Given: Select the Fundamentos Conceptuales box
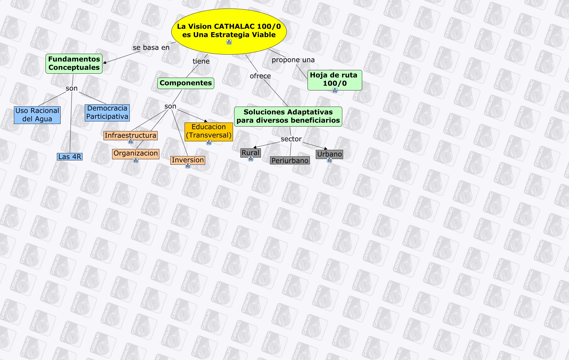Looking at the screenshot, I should pos(74,63).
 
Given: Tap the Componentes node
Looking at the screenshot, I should pos(185,83).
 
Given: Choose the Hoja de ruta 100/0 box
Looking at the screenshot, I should pos(334,79).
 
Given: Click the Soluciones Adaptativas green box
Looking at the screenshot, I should pos(288,116).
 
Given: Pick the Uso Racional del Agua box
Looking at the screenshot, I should pos(37,115).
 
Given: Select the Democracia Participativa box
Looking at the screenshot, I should pos(107,113).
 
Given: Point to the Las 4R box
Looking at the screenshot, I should pos(70,157).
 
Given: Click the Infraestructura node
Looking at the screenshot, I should pos(130,135).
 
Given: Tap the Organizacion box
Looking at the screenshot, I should pos(135,154).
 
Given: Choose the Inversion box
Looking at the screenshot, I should pos(188,160).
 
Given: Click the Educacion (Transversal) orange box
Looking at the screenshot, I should pos(209,131).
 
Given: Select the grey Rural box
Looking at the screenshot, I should pos(250,153).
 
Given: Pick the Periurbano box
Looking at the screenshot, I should pos(290,161).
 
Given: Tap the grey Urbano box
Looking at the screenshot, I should pos(329,154).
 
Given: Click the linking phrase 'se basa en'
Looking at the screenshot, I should pos(151,48).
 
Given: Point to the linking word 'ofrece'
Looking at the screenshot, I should pos(260,76).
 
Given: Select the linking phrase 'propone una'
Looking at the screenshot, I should pos(293,60).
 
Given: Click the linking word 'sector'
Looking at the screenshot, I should pos(291,139).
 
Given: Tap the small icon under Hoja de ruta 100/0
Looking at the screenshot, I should pos(335,90).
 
